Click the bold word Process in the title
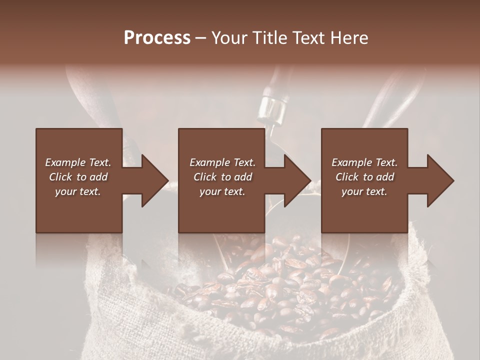[x=157, y=38]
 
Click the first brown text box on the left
[x=78, y=210]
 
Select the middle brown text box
[x=221, y=210]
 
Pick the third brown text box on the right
[x=364, y=210]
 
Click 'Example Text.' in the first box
[x=78, y=162]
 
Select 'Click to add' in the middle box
[x=222, y=177]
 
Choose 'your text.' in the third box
[x=364, y=191]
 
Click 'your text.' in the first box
[x=78, y=191]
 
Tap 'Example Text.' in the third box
[x=364, y=162]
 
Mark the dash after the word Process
[x=201, y=38]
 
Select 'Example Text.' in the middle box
[x=222, y=162]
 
